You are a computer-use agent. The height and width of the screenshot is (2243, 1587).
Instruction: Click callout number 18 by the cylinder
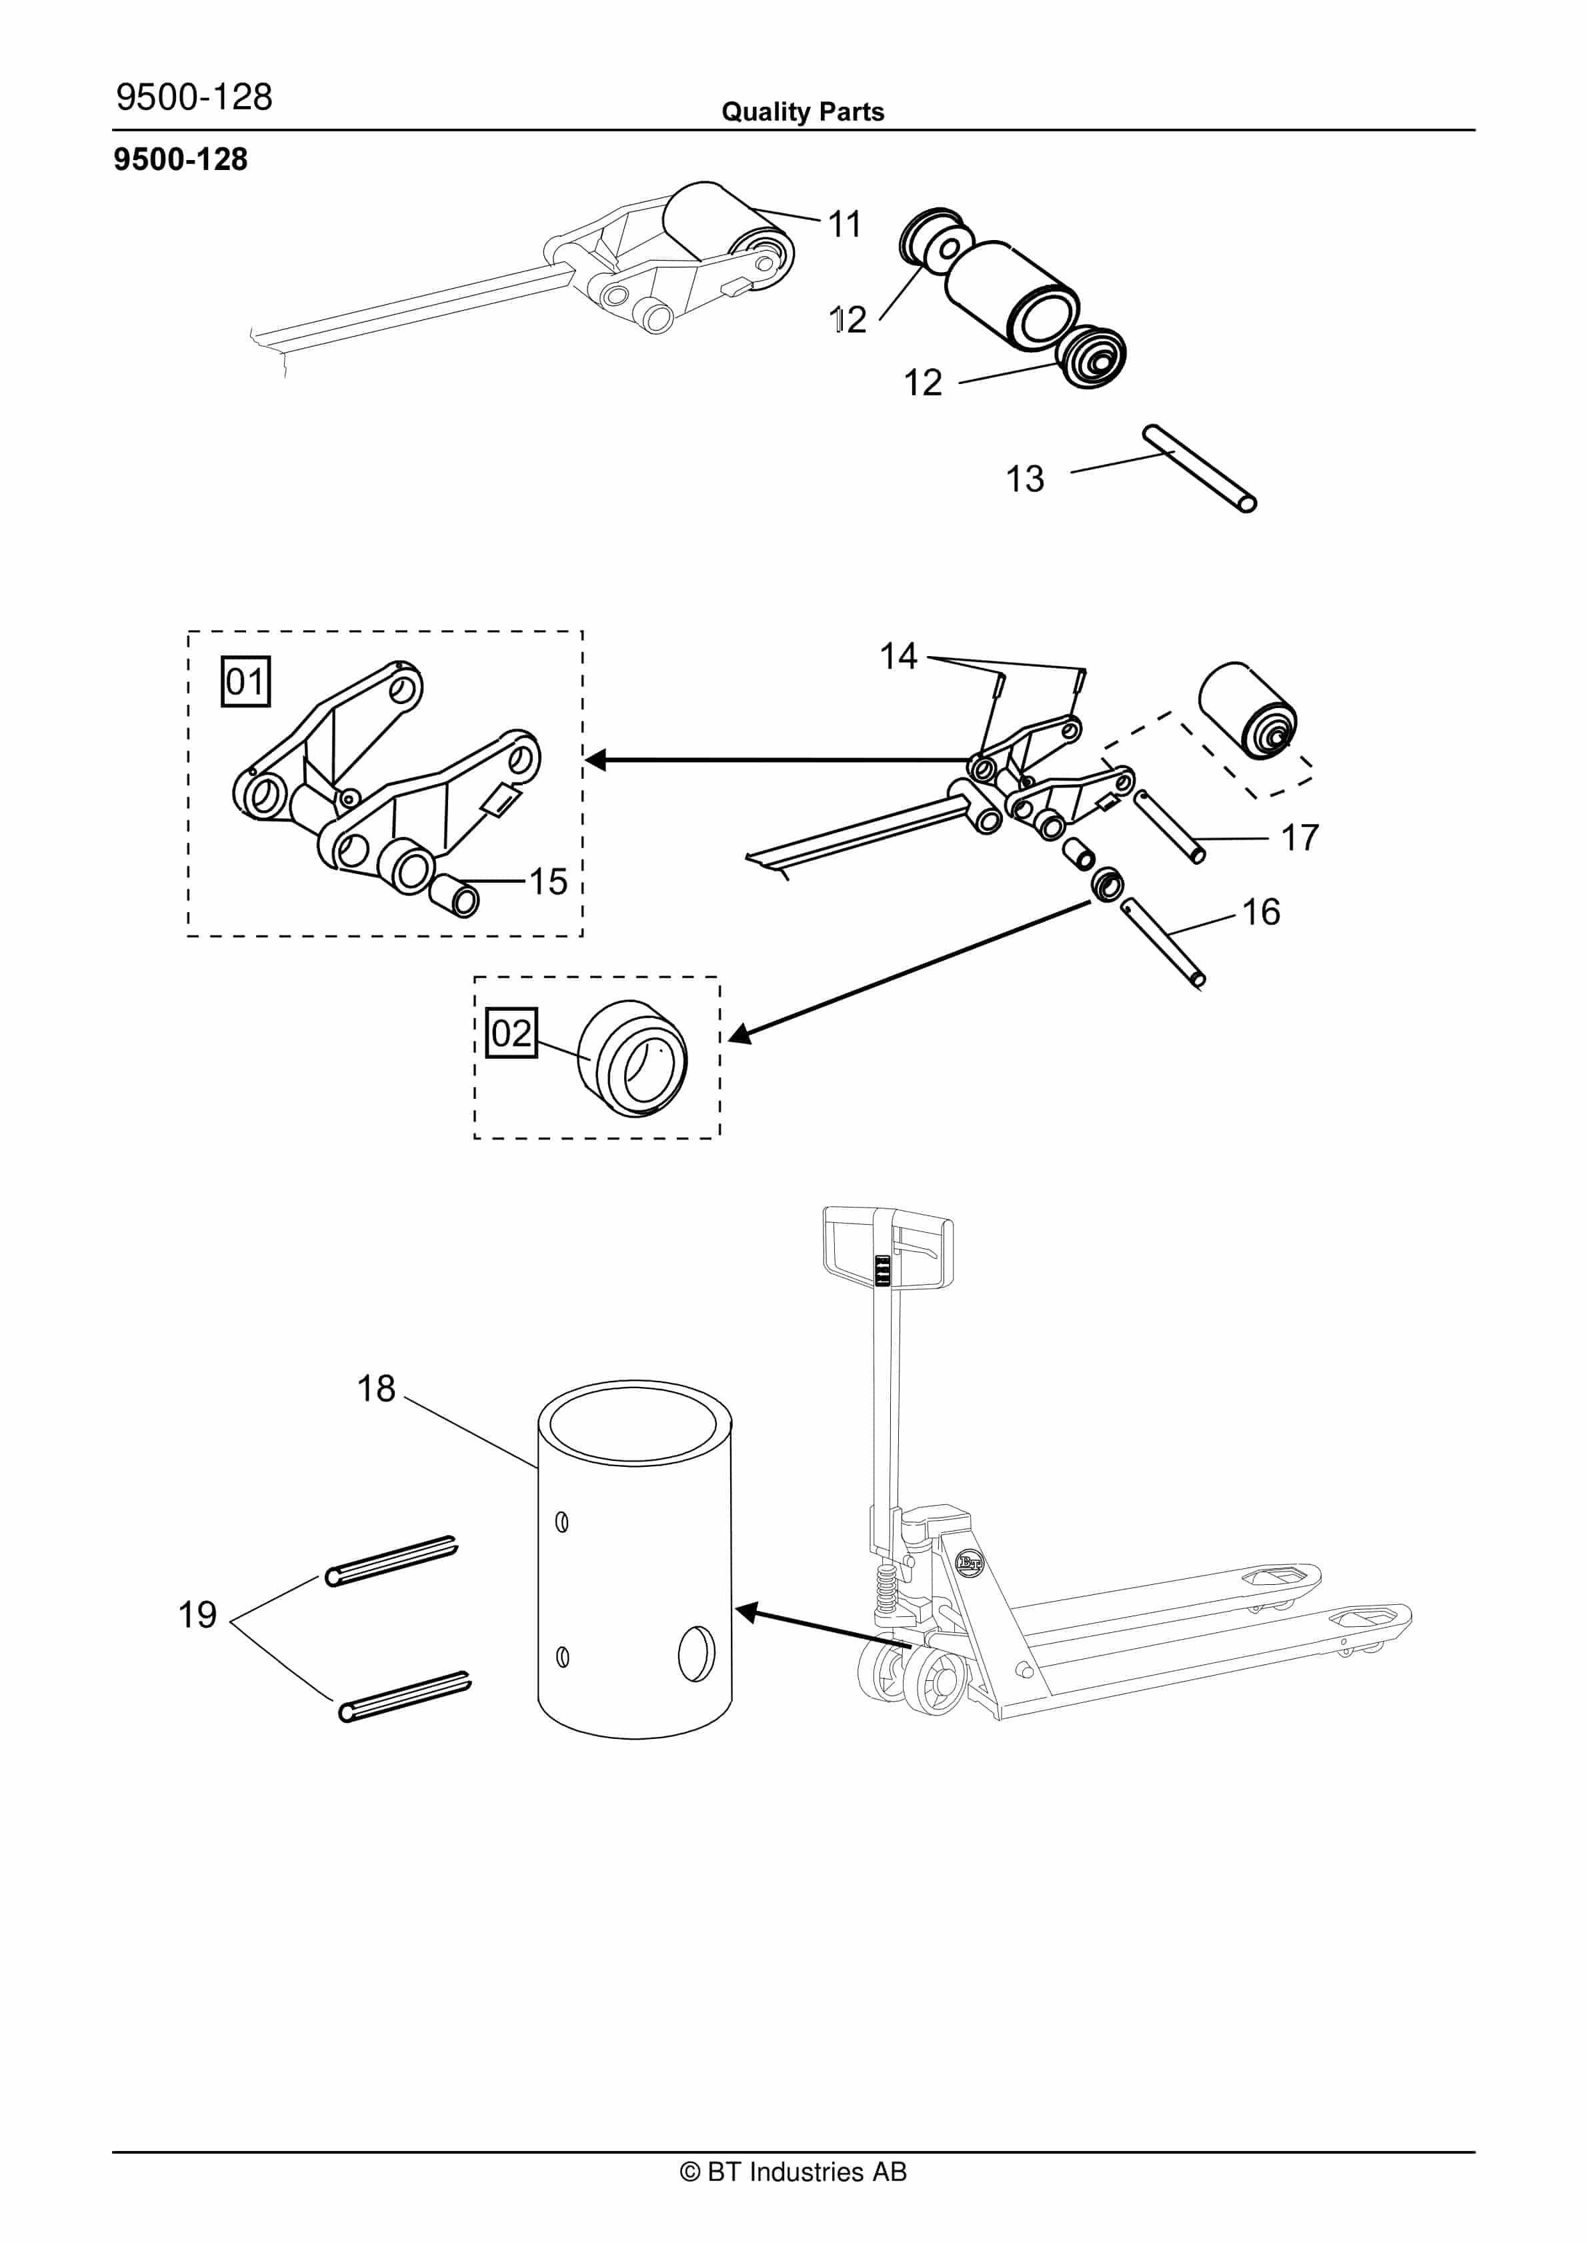coord(375,1388)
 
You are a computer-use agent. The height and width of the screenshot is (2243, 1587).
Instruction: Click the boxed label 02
coord(511,1033)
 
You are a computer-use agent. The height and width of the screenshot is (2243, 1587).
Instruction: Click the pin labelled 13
coord(1200,468)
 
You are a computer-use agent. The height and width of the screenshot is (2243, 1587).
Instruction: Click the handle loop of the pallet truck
coord(888,1252)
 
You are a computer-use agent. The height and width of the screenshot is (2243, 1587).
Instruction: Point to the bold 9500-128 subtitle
coord(181,159)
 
